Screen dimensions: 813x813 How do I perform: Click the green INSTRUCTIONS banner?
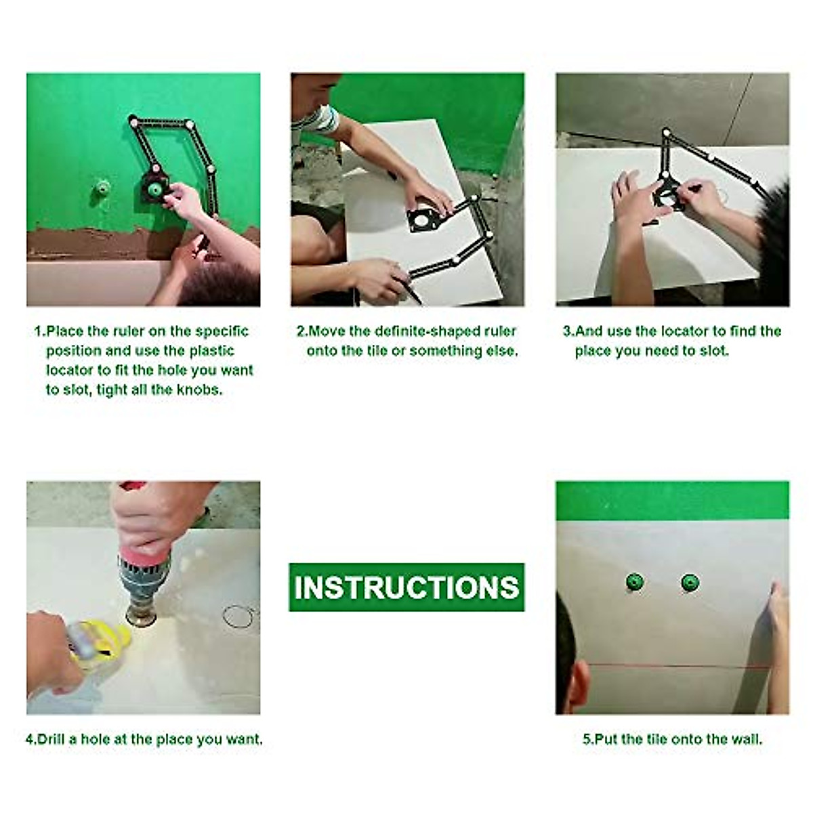click(406, 587)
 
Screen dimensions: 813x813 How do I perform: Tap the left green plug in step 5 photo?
click(635, 581)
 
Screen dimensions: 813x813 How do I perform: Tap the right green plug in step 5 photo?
click(690, 581)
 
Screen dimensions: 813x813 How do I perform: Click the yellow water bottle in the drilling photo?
click(102, 644)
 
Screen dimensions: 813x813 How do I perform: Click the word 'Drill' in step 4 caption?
click(51, 739)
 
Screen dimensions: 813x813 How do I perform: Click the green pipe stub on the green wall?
click(102, 186)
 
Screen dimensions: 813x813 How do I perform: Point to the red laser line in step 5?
click(677, 665)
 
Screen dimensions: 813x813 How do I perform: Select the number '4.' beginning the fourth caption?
click(31, 739)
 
